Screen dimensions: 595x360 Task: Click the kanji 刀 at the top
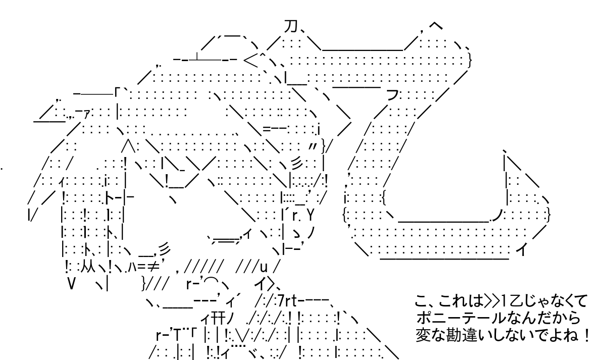[x=290, y=26]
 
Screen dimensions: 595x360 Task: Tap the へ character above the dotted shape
[x=435, y=26]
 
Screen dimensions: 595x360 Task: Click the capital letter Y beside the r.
[x=310, y=216]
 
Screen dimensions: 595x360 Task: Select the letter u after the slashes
[x=264, y=268]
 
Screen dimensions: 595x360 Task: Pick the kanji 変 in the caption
[x=422, y=335]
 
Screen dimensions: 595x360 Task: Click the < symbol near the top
[x=250, y=60]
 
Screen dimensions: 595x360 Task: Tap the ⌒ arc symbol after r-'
[x=210, y=281]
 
